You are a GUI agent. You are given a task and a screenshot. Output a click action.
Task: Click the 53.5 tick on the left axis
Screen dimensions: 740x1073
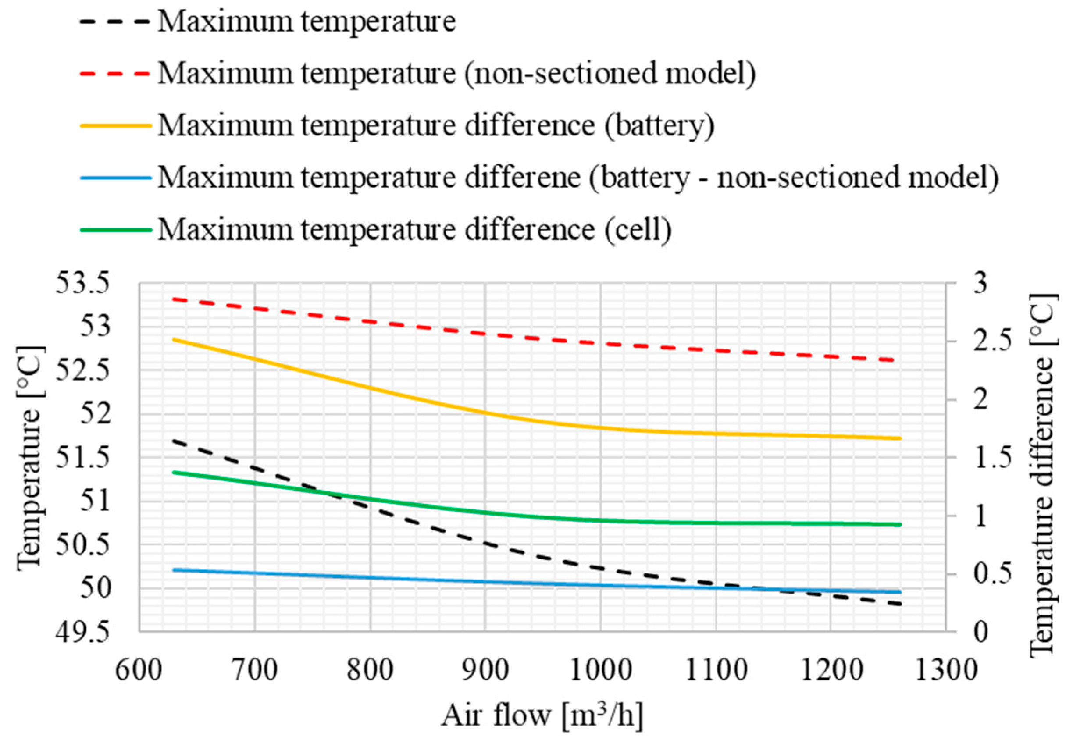83,283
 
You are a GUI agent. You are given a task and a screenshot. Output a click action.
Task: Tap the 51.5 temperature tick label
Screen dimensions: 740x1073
83,458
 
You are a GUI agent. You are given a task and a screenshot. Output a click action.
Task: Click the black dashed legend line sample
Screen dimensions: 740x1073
115,21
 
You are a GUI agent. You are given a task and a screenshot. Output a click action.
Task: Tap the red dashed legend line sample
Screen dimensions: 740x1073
115,73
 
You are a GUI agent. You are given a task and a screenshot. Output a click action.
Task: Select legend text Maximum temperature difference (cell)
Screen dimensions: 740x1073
414,229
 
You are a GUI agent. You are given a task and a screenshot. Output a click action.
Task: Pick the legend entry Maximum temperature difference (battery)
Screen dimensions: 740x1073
435,125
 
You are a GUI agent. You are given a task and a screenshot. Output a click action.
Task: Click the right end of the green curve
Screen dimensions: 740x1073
900,524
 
